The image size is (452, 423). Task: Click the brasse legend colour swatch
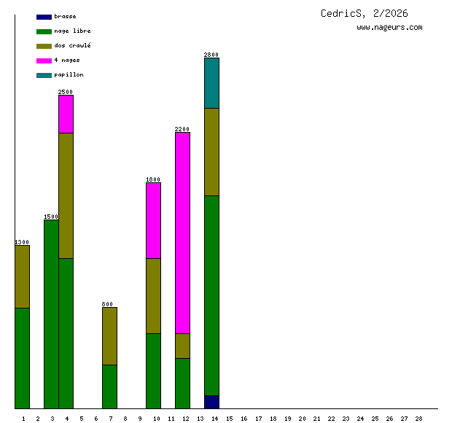(x=44, y=17)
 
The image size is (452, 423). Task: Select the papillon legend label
(x=69, y=74)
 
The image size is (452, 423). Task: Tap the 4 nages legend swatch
(x=44, y=61)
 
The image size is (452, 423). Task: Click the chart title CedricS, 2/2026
(x=364, y=13)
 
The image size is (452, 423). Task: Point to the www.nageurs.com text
(x=389, y=27)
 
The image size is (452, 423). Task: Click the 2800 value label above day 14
(x=211, y=55)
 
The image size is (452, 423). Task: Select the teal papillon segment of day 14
(x=211, y=82)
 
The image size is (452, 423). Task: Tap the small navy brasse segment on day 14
(x=211, y=402)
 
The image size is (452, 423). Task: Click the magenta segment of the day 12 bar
(x=182, y=232)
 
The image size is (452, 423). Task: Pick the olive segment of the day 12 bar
(x=182, y=346)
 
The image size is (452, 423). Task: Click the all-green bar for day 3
(x=51, y=314)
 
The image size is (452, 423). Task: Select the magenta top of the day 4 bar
(x=66, y=114)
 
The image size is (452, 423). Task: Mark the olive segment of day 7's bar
(x=109, y=335)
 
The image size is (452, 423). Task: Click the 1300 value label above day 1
(x=22, y=242)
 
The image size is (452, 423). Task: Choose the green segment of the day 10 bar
(x=153, y=370)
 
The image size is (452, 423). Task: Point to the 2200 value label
(x=182, y=129)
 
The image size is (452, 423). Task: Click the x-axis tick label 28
(x=418, y=418)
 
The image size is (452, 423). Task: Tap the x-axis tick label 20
(x=302, y=418)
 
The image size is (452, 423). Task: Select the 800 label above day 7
(x=107, y=304)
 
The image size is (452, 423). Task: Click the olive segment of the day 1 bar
(x=22, y=276)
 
